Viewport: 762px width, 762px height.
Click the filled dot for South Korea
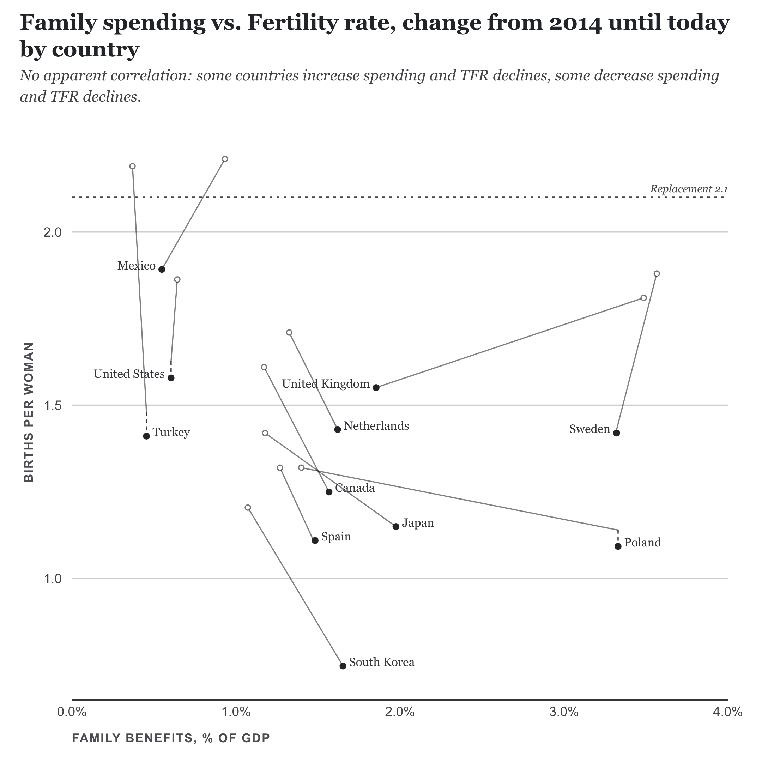click(x=343, y=666)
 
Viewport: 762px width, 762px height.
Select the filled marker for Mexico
click(x=162, y=270)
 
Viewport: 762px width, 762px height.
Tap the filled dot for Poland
click(x=618, y=546)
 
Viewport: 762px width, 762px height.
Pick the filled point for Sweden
click(x=616, y=433)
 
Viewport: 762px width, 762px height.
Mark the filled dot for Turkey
click(x=146, y=436)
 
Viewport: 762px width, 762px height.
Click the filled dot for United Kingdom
click(x=376, y=388)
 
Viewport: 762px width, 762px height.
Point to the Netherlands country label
click(x=376, y=426)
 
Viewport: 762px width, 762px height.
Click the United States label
click(x=129, y=374)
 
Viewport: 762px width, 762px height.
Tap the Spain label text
click(x=336, y=537)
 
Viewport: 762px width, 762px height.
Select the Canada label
click(x=355, y=488)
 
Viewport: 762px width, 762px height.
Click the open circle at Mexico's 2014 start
click(x=225, y=159)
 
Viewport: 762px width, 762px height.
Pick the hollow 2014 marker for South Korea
click(x=248, y=508)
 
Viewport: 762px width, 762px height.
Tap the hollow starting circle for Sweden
click(x=657, y=273)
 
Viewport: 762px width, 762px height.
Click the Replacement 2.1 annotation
click(x=689, y=189)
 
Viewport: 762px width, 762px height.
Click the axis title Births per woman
click(x=29, y=412)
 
